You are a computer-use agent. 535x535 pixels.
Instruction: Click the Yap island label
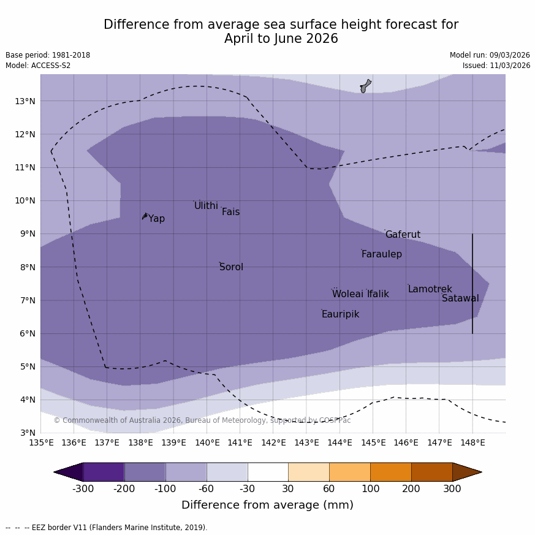point(156,219)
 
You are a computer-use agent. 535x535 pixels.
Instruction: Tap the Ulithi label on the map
point(206,206)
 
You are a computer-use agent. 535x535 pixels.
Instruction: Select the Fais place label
point(230,212)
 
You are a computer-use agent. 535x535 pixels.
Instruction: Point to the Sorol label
point(231,267)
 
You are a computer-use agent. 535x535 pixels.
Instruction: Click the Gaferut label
point(403,235)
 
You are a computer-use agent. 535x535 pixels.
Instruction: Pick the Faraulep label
point(381,254)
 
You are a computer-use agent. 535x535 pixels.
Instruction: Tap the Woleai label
point(347,294)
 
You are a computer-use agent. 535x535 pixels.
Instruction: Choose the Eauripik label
point(340,314)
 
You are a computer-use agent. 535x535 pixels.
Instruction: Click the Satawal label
point(460,298)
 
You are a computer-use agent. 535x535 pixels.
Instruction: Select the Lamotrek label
point(430,289)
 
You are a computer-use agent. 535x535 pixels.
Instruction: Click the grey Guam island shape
point(366,86)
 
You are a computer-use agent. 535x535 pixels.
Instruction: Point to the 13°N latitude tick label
point(25,101)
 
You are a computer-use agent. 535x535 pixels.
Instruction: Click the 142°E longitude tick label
point(273,442)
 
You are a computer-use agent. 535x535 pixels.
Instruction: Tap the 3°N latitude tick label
point(27,433)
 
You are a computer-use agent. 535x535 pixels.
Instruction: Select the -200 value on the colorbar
point(124,488)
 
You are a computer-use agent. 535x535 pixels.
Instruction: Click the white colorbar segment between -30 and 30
point(268,472)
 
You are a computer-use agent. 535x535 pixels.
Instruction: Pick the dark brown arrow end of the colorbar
point(466,472)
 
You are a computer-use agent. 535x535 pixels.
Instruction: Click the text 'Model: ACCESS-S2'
point(38,66)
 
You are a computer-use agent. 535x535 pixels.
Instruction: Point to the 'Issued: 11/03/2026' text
point(496,66)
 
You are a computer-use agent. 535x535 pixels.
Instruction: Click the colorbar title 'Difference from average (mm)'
point(267,505)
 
